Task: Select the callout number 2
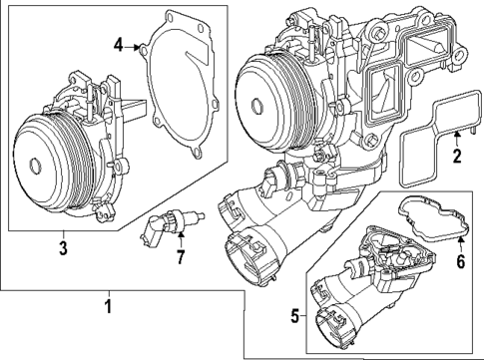coord(455,158)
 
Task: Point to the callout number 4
coord(119,45)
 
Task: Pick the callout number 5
coord(293,316)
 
